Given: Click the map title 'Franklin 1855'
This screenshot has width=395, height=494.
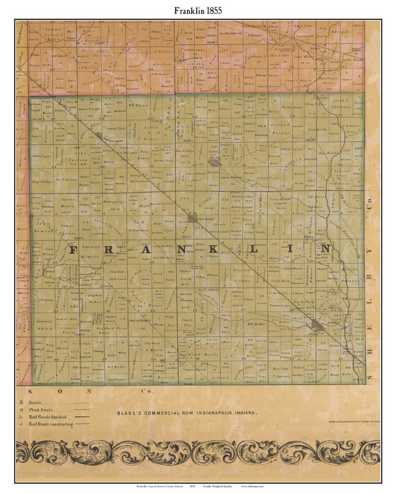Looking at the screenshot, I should pos(198,11).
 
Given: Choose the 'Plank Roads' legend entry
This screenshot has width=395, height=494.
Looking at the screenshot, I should pos(41,410).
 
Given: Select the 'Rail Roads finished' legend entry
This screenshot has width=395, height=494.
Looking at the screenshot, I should pos(48,417).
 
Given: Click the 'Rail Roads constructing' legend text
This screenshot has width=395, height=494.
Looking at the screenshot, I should pos(51,424).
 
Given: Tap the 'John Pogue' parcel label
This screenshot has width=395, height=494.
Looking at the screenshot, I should pos(40,156).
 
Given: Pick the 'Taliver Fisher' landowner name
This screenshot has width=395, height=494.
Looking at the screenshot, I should pos(280,305).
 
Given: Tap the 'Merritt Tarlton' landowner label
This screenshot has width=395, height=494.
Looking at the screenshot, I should pos(162,203).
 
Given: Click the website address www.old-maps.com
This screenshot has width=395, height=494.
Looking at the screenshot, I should pos(252,486).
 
